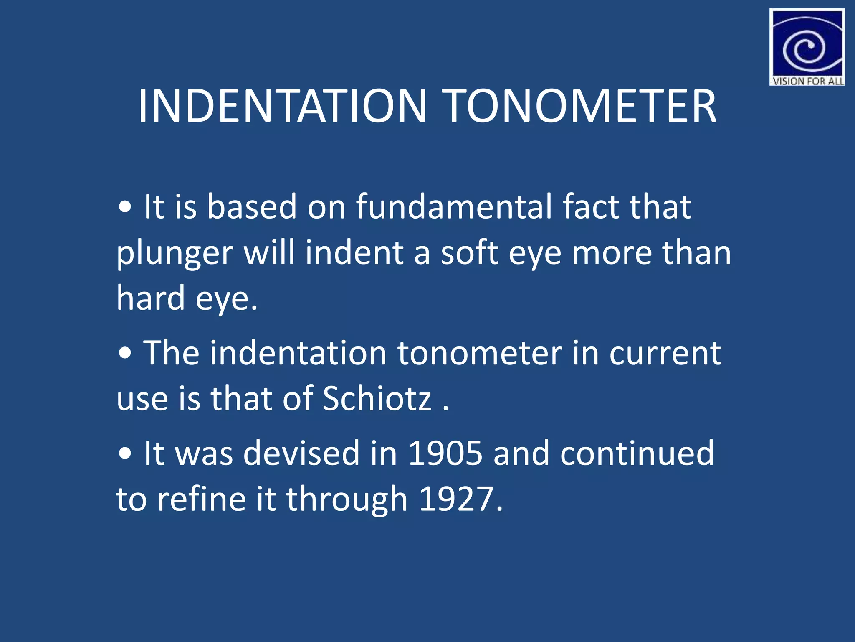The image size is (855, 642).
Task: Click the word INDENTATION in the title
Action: click(x=282, y=107)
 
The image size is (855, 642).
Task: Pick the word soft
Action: click(x=469, y=253)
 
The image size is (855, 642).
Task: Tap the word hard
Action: click(x=150, y=298)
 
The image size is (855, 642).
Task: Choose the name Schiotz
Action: click(x=377, y=398)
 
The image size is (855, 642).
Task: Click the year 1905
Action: click(x=445, y=453)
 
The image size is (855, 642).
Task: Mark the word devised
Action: click(x=301, y=453)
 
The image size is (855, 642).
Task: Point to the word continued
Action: click(x=637, y=453)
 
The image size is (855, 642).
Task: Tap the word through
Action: click(x=347, y=499)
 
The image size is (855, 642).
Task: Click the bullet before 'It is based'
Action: click(x=125, y=206)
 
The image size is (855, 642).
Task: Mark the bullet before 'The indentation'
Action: click(x=125, y=354)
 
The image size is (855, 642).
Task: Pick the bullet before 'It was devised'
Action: click(x=125, y=453)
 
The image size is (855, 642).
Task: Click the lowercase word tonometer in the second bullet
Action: click(x=479, y=353)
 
